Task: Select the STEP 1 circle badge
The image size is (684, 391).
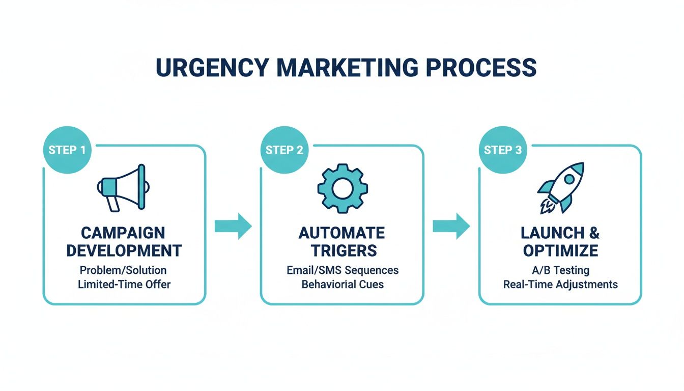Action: tap(67, 150)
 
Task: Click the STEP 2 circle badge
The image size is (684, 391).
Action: tap(284, 150)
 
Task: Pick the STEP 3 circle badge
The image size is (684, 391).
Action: tap(502, 150)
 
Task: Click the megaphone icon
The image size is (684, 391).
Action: tap(122, 187)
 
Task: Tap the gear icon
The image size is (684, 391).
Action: tap(342, 188)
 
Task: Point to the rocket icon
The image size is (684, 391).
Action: tap(561, 188)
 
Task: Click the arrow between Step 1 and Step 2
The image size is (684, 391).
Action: tap(233, 226)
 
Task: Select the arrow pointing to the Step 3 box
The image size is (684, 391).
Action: tap(451, 226)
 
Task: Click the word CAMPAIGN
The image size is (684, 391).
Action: tap(123, 233)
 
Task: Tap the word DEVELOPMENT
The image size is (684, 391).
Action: tap(124, 250)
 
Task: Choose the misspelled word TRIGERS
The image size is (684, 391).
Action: tap(342, 250)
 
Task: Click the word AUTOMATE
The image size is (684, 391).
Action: tap(342, 233)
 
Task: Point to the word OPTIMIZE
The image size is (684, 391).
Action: tap(560, 250)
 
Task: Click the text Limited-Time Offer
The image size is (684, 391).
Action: tap(124, 285)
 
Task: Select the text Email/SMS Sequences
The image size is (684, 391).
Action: tap(343, 270)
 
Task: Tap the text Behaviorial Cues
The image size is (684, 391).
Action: tap(343, 285)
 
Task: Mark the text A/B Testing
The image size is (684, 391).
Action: tap(560, 270)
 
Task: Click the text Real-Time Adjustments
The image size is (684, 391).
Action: tap(560, 285)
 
